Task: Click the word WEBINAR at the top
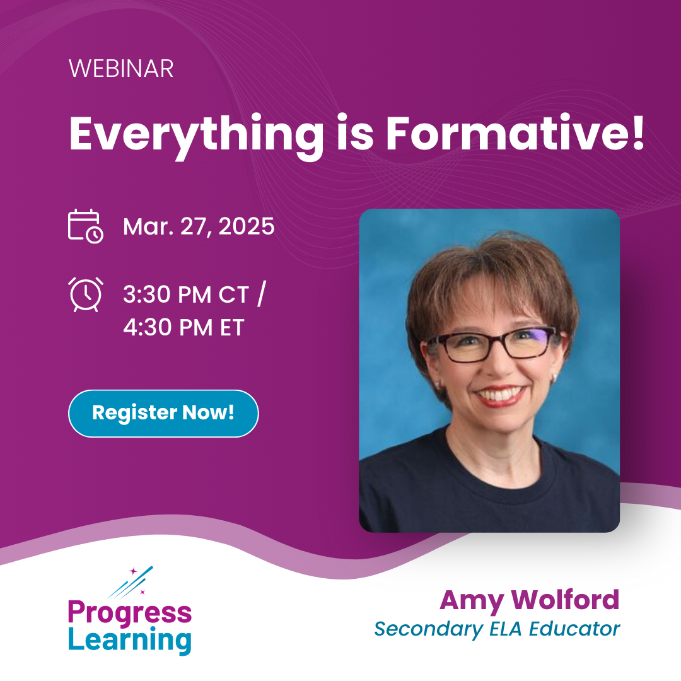121,69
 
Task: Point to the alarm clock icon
85,294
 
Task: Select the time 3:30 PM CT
187,294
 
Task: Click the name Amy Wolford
530,600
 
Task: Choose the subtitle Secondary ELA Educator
497,629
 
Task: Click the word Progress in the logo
130,612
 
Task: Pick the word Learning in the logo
130,640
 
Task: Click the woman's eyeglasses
492,344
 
